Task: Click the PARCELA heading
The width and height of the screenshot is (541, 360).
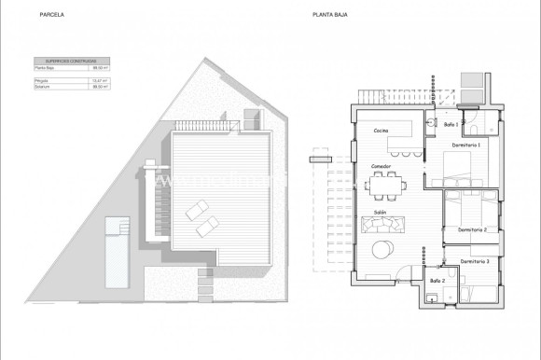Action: click(x=52, y=15)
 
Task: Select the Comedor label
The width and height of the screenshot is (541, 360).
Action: click(x=381, y=166)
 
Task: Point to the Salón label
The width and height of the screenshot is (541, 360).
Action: click(x=381, y=213)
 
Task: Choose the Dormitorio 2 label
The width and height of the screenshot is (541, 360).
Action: click(x=473, y=229)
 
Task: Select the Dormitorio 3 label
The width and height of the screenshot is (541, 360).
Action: click(x=475, y=262)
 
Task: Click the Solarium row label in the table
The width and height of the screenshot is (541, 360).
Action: click(x=41, y=86)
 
